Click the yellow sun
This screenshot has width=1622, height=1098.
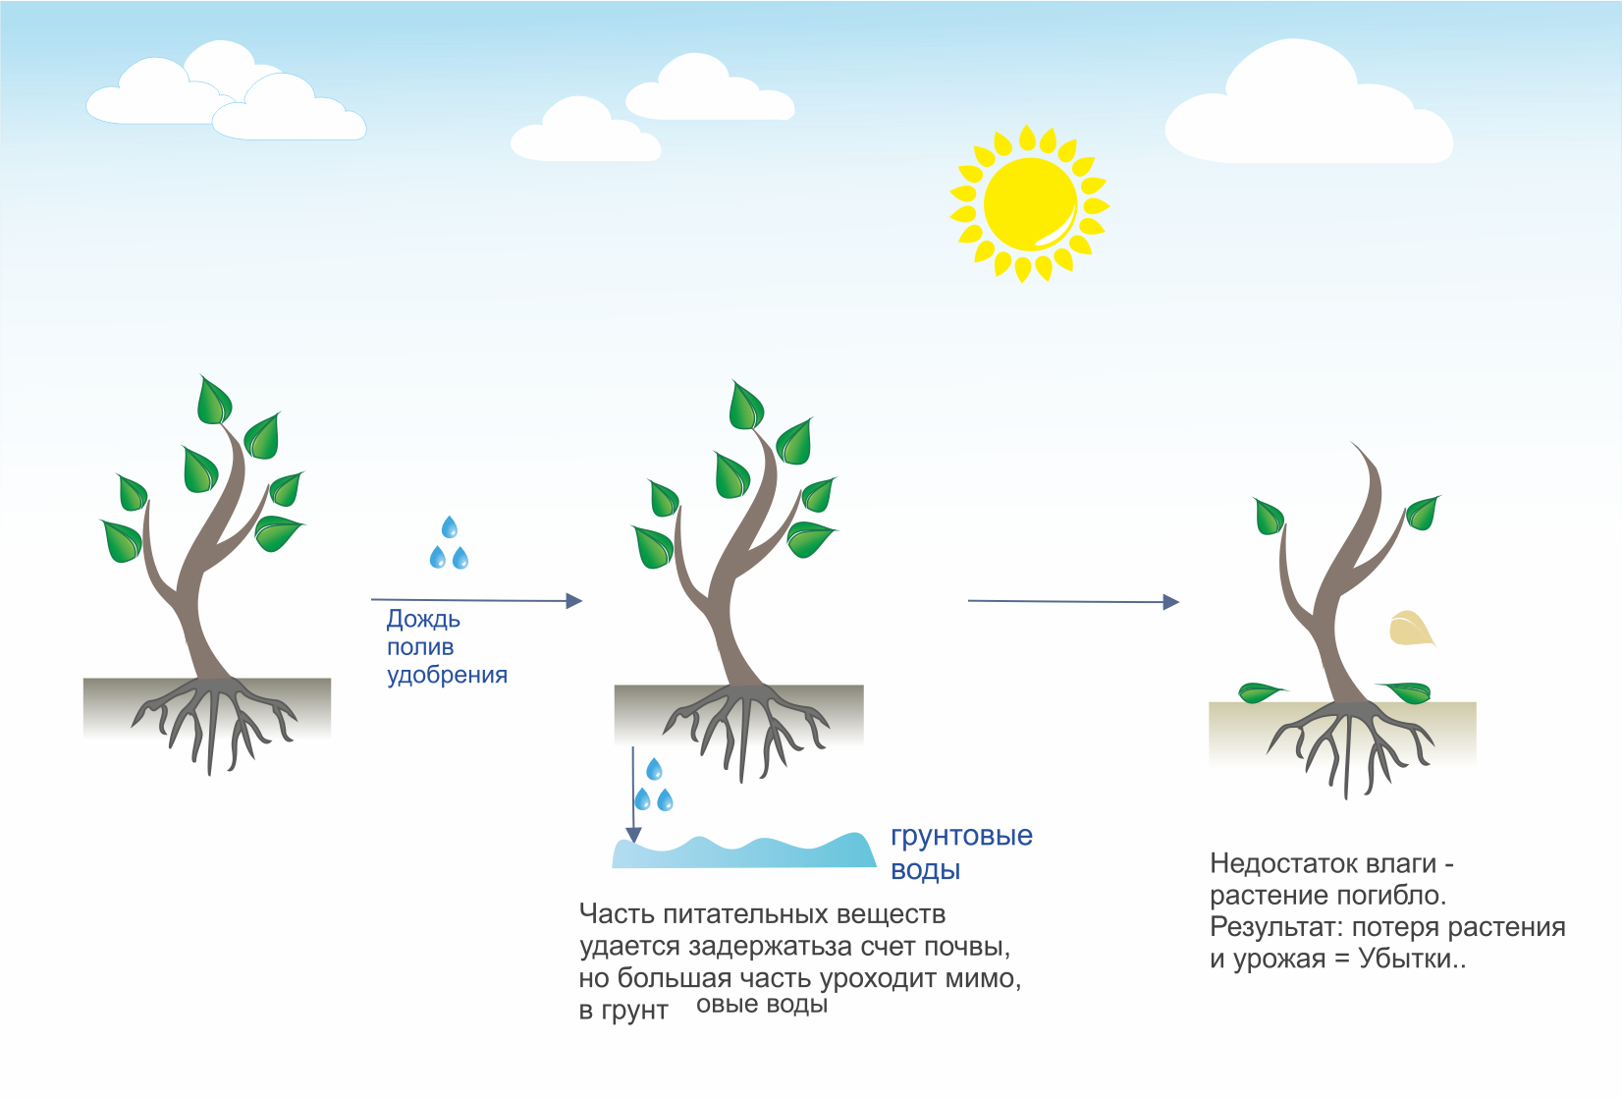1029,203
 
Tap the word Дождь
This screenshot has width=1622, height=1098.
423,620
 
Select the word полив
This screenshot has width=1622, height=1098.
420,647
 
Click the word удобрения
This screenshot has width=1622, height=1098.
447,675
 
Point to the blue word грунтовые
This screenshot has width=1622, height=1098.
961,837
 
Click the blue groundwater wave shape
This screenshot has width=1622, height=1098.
744,851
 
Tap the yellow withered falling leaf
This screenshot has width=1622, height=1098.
1411,628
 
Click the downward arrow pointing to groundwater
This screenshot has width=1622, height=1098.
633,796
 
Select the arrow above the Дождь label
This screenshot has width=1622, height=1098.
476,600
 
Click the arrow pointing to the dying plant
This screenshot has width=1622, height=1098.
1074,601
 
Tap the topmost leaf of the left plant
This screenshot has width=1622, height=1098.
214,400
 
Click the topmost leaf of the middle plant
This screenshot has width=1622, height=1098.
746,405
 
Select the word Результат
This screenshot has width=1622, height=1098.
1276,928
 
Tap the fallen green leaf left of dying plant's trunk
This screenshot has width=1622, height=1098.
1262,692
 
